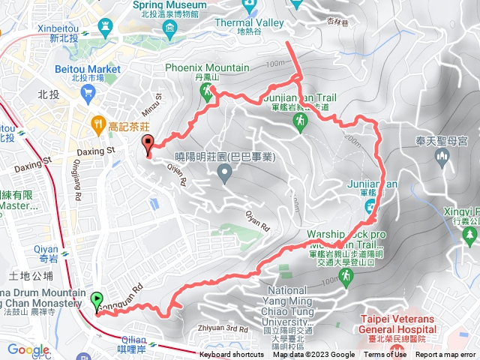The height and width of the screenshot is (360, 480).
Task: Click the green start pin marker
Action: (97, 301)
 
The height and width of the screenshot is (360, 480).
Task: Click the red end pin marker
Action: (147, 144)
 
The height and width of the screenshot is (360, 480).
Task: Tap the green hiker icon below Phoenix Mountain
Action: (206, 91)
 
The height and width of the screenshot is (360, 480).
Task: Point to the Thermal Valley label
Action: (249, 22)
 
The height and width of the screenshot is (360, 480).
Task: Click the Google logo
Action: (28, 349)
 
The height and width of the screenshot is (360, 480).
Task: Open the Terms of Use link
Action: (386, 355)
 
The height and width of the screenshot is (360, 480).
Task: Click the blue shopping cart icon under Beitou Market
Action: (89, 93)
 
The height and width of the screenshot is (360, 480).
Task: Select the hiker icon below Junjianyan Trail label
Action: (301, 119)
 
